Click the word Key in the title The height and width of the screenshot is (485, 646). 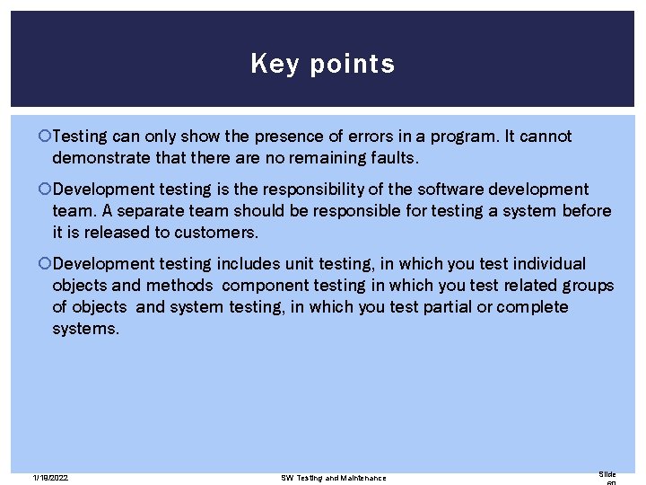coord(267,64)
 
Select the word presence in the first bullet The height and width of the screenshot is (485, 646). coord(281,137)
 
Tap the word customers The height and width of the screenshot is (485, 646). coord(220,233)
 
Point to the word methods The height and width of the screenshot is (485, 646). coord(179,286)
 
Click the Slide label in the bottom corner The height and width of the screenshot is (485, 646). coord(607,473)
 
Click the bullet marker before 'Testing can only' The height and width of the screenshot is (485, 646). coord(45,137)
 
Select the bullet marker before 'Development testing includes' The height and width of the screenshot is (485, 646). coord(45,264)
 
